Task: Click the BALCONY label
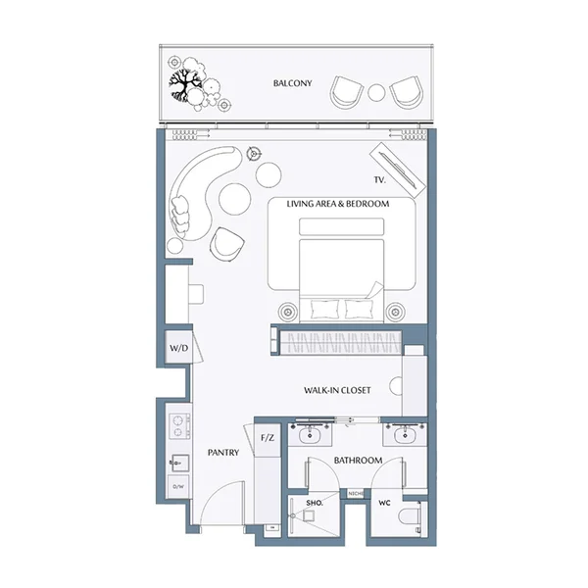[292, 84]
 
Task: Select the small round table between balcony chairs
[377, 93]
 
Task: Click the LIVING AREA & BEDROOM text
[338, 204]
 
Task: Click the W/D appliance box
[178, 348]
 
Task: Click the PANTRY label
[223, 453]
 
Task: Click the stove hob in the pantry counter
[178, 426]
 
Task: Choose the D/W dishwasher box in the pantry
[178, 485]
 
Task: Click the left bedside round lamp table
[288, 312]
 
